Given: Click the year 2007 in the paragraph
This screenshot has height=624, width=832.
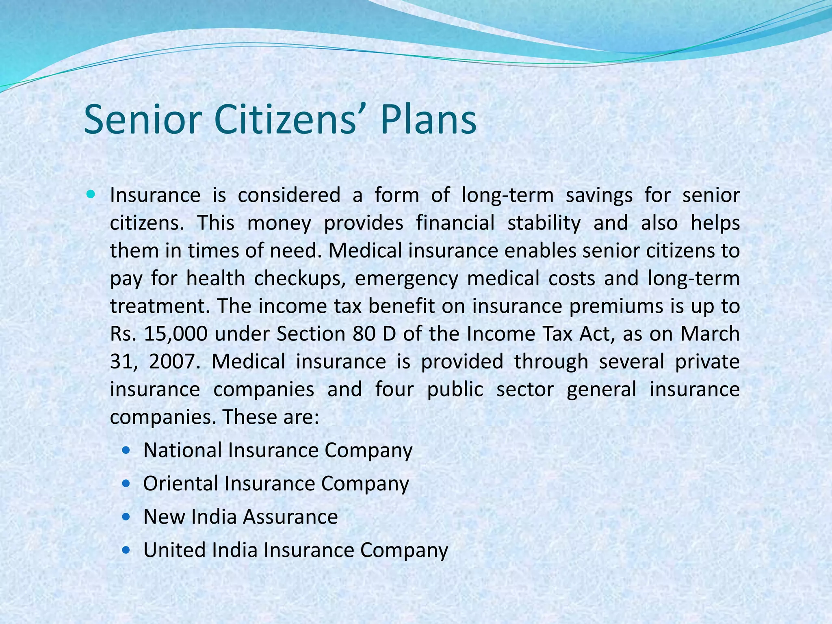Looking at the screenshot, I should [x=172, y=362].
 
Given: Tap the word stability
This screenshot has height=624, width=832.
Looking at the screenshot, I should [x=544, y=223].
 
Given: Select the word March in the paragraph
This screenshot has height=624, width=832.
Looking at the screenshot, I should [x=710, y=334].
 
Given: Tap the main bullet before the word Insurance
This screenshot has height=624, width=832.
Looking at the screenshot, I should [x=91, y=195].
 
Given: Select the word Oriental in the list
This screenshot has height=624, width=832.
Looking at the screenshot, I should [x=181, y=483].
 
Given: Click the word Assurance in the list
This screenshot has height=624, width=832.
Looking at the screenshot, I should [x=290, y=517].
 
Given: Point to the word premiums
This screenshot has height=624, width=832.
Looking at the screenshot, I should [x=614, y=306].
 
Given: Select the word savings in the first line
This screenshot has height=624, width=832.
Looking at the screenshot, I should [x=599, y=195].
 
